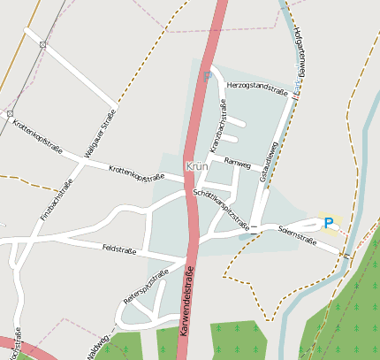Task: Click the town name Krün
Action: (x=198, y=166)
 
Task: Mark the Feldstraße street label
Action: (x=119, y=249)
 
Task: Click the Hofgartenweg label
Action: (x=300, y=57)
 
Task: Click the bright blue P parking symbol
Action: (x=329, y=224)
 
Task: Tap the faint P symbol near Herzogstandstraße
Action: (x=208, y=77)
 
